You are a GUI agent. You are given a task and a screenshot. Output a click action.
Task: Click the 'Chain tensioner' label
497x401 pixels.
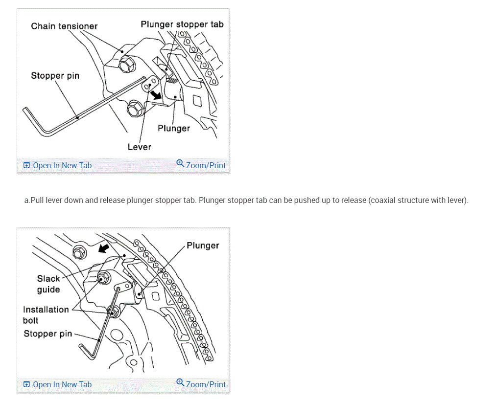[64, 26]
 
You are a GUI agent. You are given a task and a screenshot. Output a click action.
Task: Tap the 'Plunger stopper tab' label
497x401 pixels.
[182, 24]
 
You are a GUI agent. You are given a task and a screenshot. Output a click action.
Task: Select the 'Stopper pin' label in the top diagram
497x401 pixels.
[55, 75]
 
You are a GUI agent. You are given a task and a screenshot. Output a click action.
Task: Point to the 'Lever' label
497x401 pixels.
[139, 147]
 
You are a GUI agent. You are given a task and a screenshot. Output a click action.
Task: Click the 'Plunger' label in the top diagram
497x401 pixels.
[173, 128]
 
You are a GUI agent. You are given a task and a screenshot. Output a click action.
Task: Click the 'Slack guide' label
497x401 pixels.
[48, 284]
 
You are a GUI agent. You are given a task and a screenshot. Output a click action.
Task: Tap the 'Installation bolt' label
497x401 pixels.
[46, 314]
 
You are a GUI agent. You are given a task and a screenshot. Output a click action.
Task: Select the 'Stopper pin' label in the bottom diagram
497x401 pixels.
[47, 334]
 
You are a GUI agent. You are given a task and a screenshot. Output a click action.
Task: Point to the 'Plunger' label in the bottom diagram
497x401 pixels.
[203, 245]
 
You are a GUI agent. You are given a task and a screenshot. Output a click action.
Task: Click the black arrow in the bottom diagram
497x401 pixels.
[102, 249]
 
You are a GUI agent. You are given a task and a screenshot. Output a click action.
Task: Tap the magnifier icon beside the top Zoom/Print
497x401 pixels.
[180, 164]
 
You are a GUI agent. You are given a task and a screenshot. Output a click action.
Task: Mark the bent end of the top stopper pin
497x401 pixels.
[30, 117]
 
